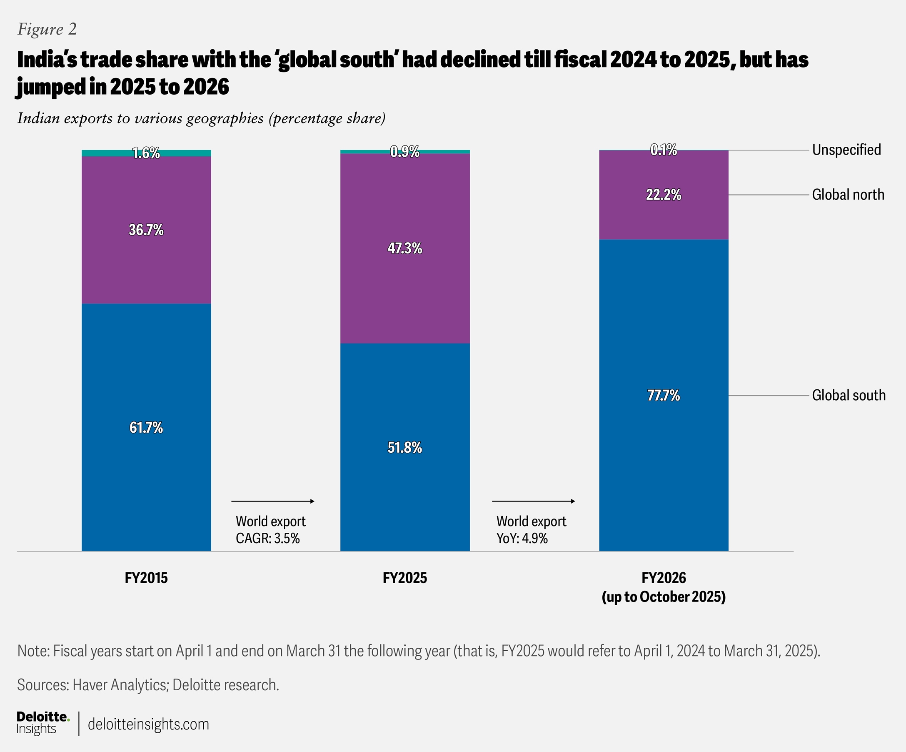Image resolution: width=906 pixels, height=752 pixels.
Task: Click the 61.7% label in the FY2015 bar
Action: point(146,428)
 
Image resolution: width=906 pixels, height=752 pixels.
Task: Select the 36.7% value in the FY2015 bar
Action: point(146,230)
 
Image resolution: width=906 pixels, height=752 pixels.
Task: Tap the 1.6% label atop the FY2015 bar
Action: point(146,153)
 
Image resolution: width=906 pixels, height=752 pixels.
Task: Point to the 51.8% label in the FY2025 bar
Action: point(405,448)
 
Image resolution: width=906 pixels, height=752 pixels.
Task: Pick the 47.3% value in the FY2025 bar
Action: point(405,248)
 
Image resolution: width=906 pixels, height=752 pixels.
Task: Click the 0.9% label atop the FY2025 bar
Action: point(405,151)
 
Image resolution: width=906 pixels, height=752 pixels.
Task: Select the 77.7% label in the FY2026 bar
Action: point(664,396)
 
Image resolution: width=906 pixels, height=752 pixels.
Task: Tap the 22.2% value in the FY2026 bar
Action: point(664,195)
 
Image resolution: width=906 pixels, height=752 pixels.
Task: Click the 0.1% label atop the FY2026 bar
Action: point(664,150)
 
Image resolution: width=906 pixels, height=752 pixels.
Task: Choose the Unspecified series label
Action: point(846,150)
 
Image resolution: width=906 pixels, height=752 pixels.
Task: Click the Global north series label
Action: point(848,195)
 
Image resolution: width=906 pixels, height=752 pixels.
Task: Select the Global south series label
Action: point(849,396)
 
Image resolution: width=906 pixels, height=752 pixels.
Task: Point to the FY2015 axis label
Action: point(146,578)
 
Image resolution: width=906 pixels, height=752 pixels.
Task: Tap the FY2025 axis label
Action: point(405,578)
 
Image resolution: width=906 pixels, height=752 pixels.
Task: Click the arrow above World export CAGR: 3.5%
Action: point(273,501)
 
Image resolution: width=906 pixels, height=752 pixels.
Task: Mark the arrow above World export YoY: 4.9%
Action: point(533,501)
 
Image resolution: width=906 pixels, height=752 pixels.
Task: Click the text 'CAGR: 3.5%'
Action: point(267,538)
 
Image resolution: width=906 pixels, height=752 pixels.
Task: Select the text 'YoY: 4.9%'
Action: point(522,538)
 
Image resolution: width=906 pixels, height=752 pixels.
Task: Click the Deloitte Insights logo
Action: point(43,724)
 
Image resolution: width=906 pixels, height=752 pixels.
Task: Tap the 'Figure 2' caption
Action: point(47,29)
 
